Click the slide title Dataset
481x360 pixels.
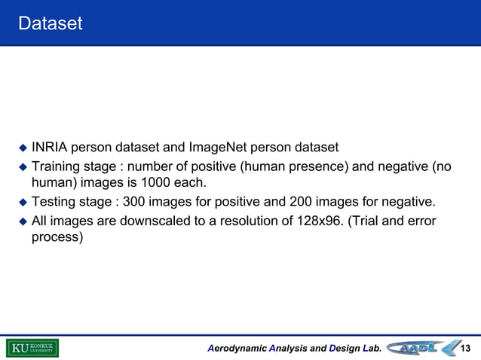click(x=51, y=24)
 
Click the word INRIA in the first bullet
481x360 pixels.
click(x=50, y=147)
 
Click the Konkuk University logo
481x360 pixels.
click(x=32, y=348)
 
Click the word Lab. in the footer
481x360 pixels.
click(x=371, y=349)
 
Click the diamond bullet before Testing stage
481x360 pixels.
click(x=23, y=203)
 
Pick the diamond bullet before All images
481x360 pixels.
click(x=23, y=221)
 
